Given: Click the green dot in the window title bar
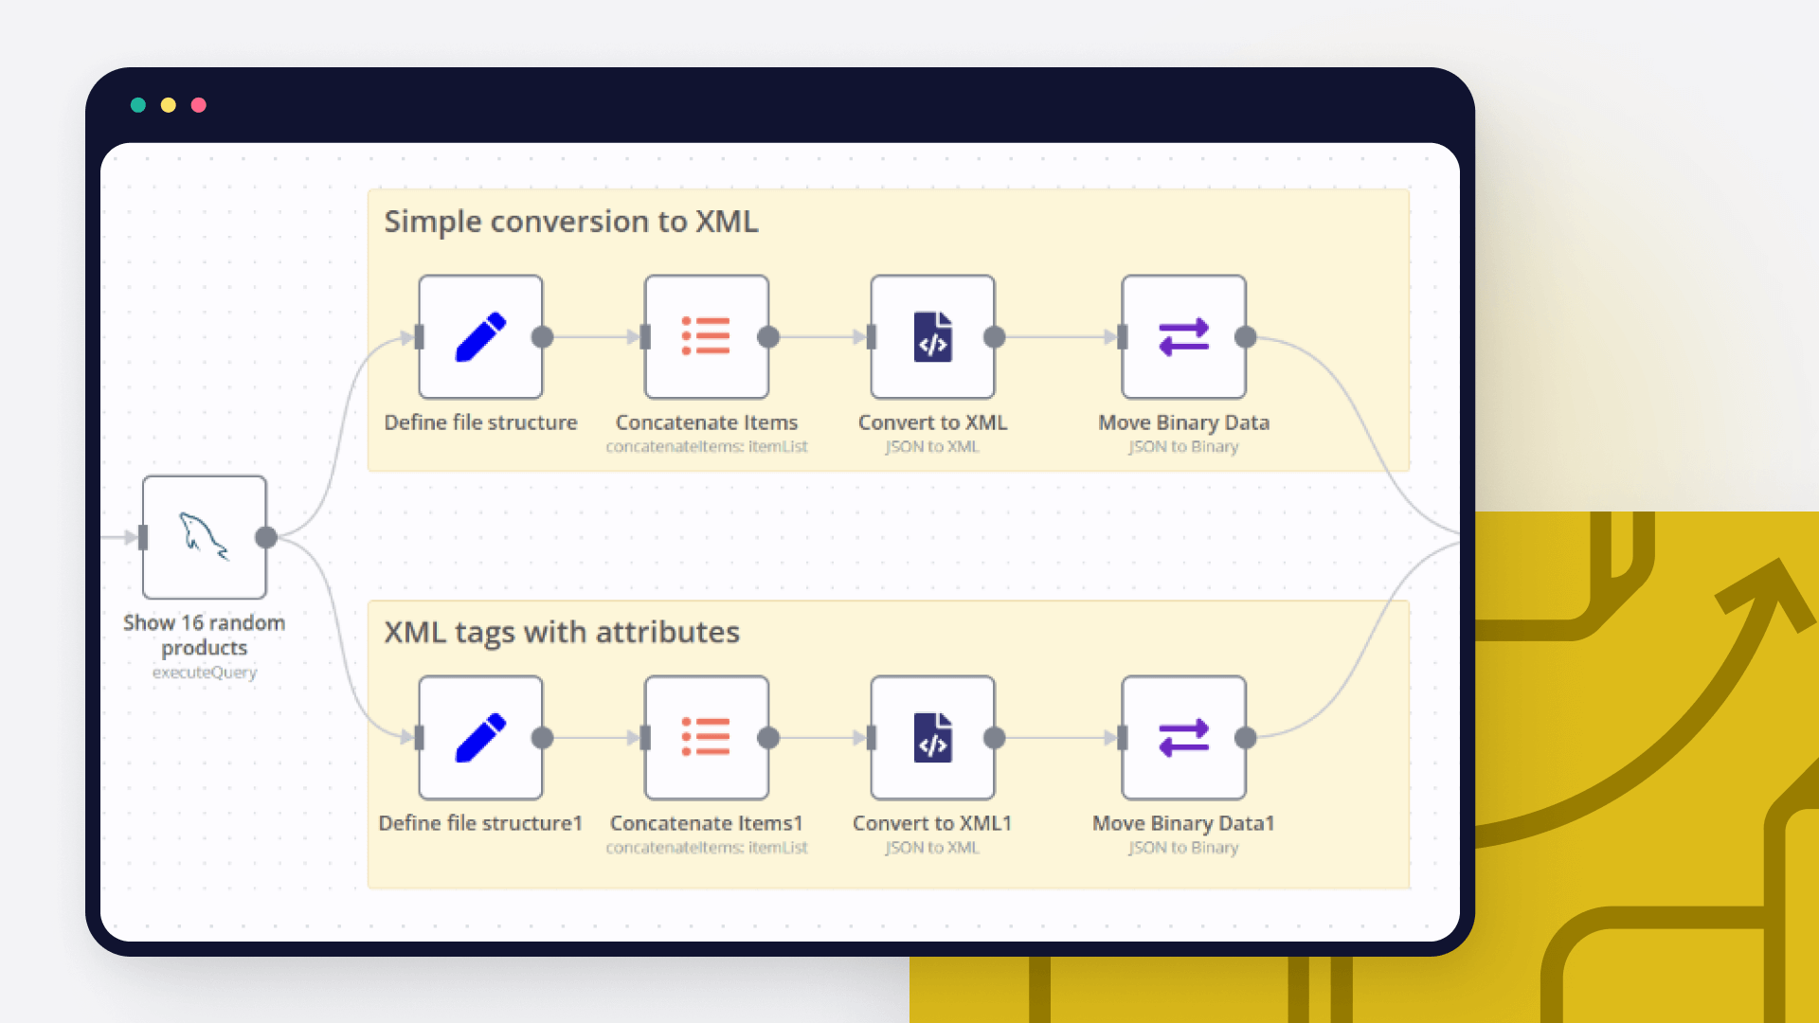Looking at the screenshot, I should pos(138,105).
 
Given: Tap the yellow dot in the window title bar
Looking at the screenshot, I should pos(169,105).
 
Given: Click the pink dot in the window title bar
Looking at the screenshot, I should pos(199,105).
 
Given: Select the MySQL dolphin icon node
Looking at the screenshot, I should pos(205,537).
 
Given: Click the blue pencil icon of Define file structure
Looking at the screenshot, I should pos(481,337).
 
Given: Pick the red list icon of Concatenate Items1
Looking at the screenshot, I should pos(706,737).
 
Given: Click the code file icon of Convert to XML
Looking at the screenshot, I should pos(933,337).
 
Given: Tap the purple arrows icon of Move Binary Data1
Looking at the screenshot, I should pos(1184,737).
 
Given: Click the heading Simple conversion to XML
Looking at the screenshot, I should pos(571,222).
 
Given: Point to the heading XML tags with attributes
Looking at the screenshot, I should pos(562,632).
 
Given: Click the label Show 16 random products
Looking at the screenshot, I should pos(205,635).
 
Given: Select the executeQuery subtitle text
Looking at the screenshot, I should pos(205,673).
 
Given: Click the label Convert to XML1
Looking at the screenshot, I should pos(932,823).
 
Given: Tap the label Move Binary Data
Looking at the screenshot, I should pos(1184,422).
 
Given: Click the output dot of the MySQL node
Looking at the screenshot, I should pos(266,537).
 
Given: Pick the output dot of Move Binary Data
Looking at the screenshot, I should pos(1246,337).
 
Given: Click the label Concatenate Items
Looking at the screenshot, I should pos(707,422).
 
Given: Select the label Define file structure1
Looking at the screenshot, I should pos(480,823).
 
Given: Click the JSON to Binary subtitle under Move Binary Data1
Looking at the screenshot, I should pos(1183,848).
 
